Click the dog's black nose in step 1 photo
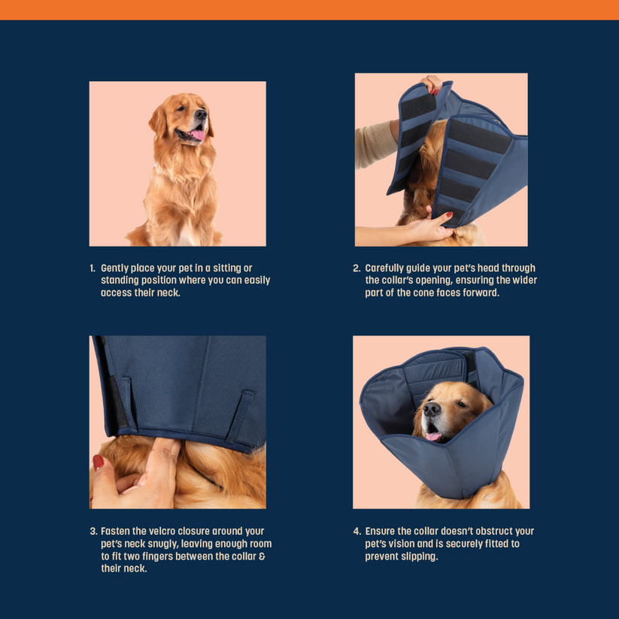click(201, 114)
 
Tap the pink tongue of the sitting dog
click(198, 135)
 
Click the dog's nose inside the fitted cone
click(432, 409)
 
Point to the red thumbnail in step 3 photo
click(98, 462)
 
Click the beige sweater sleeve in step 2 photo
click(375, 144)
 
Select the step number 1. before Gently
click(93, 269)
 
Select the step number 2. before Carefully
click(357, 269)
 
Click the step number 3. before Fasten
click(93, 531)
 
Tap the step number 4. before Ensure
click(357, 531)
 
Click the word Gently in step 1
click(114, 269)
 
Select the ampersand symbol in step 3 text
click(262, 557)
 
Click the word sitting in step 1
click(227, 269)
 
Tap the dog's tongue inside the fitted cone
click(433, 436)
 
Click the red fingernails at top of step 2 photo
click(435, 92)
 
